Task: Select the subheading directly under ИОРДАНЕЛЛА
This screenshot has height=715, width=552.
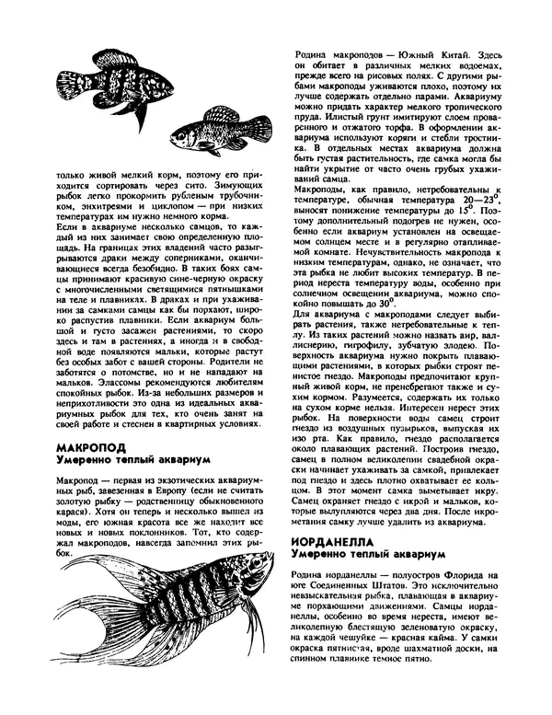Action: pyautogui.click(x=369, y=556)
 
